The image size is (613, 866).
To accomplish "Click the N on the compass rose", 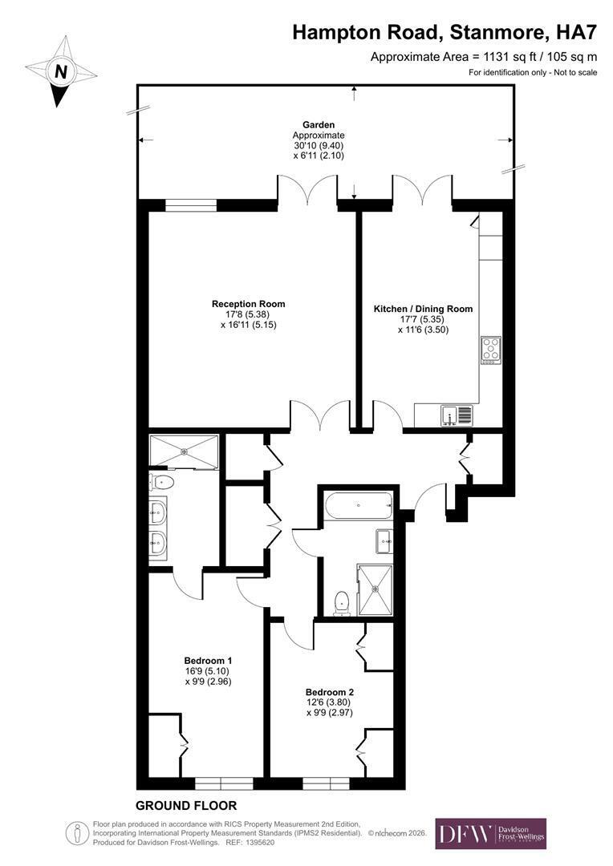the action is click(61, 72).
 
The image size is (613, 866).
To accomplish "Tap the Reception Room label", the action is click(248, 304).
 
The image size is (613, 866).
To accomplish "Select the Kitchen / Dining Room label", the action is click(423, 309).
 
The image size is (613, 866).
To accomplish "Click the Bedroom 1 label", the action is click(208, 661).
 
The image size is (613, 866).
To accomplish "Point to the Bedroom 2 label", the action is click(330, 693).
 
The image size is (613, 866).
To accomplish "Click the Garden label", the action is click(319, 125).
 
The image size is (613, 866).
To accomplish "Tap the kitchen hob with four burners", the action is click(491, 350).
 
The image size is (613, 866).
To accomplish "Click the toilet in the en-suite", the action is click(162, 482).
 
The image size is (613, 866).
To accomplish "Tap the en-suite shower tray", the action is click(184, 451).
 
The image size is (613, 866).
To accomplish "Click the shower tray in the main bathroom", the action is click(375, 589).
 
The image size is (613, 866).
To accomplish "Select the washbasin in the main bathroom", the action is click(384, 541).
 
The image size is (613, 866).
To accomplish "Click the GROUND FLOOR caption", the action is click(186, 806).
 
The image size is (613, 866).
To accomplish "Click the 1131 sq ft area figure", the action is click(512, 56).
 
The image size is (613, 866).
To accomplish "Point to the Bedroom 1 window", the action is click(224, 783).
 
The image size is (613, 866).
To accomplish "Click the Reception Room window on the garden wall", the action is click(191, 205).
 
